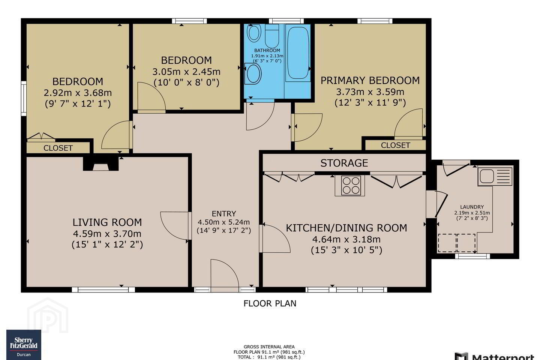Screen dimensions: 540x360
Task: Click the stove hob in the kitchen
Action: pos(351,185)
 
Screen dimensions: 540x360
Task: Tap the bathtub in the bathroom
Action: pos(298,53)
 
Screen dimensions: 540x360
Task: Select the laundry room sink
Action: pos(495,176)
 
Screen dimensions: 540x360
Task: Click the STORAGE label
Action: pos(344,163)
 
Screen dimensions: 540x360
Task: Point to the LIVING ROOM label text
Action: pos(107,222)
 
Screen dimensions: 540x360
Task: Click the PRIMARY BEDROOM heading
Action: pos(370,80)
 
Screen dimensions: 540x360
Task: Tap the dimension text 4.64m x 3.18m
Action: pos(346,239)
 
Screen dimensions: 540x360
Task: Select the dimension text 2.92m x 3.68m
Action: pos(78,93)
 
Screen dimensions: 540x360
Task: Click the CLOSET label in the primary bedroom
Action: pos(395,145)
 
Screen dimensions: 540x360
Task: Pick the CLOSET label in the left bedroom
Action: pos(58,148)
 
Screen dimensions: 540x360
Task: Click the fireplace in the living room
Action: pos(101,164)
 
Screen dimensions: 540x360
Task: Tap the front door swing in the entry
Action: pos(225,275)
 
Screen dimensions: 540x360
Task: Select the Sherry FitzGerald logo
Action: pos(24,345)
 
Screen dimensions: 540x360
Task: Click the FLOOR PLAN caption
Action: pos(270,303)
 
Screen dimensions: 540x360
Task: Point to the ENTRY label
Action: pos(224,214)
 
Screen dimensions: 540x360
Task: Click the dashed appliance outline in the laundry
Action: pos(457,243)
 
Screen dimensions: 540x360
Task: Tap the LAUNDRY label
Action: pos(472,207)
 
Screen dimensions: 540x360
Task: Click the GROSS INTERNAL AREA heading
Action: pos(269,347)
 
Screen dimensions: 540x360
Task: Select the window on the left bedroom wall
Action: pos(24,98)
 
